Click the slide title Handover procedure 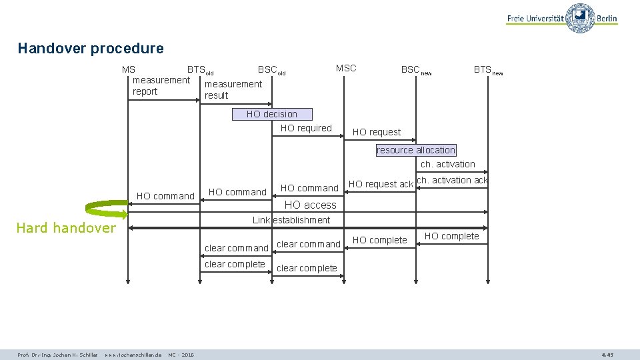click(91, 48)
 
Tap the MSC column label click(346, 68)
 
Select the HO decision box click(272, 114)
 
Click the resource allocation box click(416, 150)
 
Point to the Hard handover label click(65, 228)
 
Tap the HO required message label click(306, 128)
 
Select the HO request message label click(377, 132)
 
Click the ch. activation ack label click(452, 180)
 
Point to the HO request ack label click(381, 184)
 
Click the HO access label click(311, 205)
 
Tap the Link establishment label click(291, 220)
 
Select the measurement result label click(233, 89)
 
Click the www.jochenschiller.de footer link click(133, 355)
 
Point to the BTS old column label click(200, 69)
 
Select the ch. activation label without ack click(448, 164)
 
